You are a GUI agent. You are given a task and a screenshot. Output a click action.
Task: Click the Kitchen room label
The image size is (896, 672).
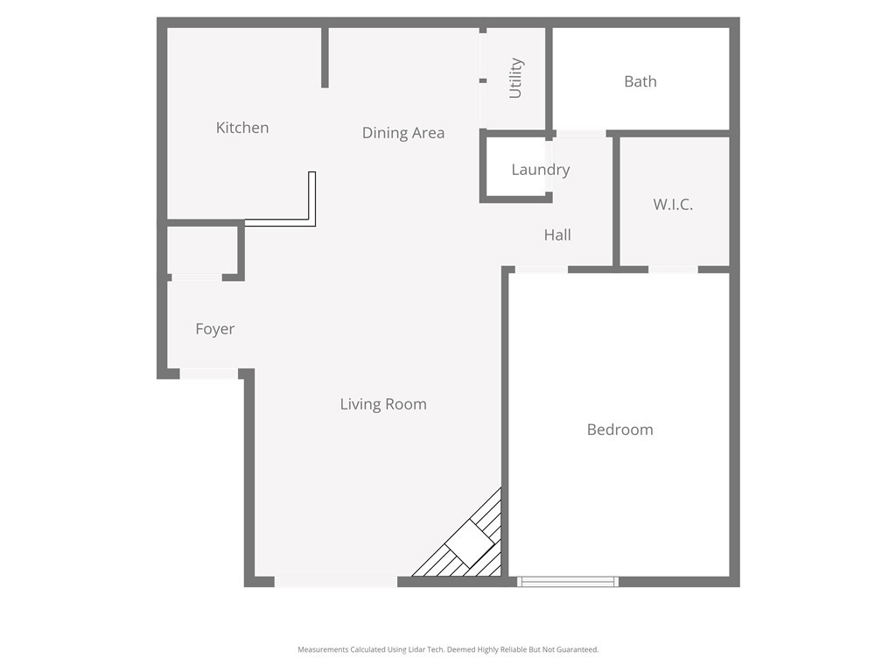click(x=242, y=128)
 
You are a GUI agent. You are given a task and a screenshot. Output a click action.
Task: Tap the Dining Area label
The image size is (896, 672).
click(x=403, y=133)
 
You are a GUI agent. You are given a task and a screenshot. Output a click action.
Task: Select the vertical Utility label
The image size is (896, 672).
click(x=515, y=78)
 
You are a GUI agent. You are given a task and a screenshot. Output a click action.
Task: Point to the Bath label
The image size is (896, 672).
click(x=640, y=81)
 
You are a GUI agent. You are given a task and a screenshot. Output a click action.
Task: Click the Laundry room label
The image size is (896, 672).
click(x=541, y=170)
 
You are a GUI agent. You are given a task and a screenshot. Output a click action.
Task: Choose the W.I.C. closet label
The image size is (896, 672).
click(x=673, y=205)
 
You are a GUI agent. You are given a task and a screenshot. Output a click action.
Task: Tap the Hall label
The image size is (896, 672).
click(x=557, y=234)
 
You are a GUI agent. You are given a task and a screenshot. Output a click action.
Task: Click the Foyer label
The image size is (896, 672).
click(x=214, y=329)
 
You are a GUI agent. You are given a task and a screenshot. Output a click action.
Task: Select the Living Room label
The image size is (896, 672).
click(x=383, y=404)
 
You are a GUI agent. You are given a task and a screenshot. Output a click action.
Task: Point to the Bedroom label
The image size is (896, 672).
click(x=619, y=430)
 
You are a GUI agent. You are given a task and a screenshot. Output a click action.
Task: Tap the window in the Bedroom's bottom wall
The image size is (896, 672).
click(x=568, y=581)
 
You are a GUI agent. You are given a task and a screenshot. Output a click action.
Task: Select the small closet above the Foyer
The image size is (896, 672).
click(x=202, y=250)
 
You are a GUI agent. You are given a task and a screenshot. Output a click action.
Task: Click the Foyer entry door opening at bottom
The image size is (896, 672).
click(x=209, y=374)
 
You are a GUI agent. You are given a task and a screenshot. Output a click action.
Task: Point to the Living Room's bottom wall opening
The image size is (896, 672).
click(x=336, y=581)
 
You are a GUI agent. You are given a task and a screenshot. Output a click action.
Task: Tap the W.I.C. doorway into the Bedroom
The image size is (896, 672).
click(x=673, y=269)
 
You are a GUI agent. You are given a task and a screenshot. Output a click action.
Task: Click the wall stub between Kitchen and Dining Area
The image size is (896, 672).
click(x=325, y=57)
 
